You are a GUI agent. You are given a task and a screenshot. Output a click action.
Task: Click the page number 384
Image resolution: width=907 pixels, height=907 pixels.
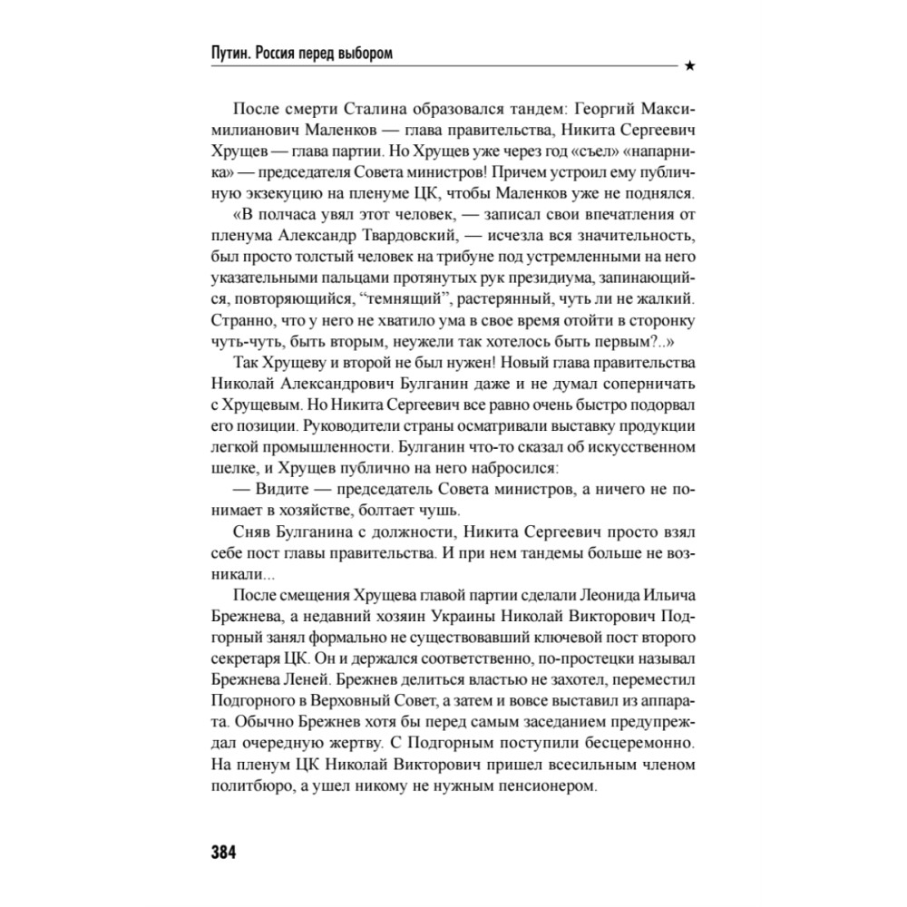223,852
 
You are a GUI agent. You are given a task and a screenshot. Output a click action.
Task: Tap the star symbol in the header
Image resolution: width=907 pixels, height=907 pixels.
690,65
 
